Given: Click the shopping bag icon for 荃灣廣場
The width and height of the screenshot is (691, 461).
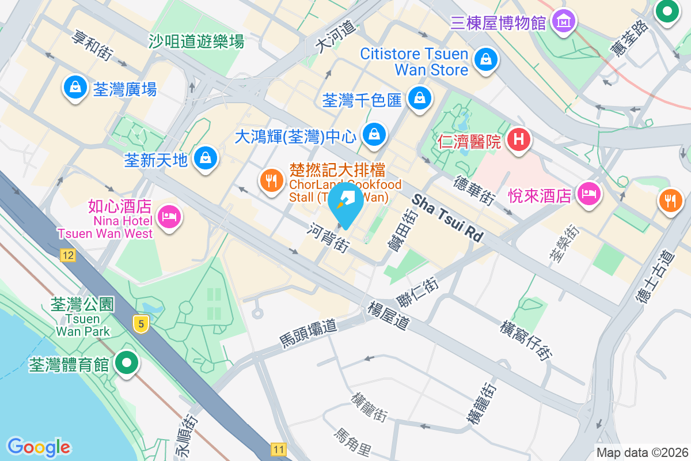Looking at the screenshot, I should pos(75,88).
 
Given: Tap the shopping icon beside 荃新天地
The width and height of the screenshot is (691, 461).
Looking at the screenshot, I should pos(204,157).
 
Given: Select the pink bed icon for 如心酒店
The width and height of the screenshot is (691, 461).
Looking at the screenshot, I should pos(168,217).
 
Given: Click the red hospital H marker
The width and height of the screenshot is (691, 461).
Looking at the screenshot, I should pos(518,139).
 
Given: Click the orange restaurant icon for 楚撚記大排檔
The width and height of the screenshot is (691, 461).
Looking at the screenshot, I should pos(271,180).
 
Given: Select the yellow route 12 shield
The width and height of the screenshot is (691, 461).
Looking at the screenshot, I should pos(67,255).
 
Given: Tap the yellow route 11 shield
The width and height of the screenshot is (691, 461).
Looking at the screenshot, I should pos(279,449).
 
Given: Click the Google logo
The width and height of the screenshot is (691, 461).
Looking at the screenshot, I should pos(39,447).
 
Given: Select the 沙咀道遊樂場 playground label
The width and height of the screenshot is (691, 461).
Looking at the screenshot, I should pos(196,41).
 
